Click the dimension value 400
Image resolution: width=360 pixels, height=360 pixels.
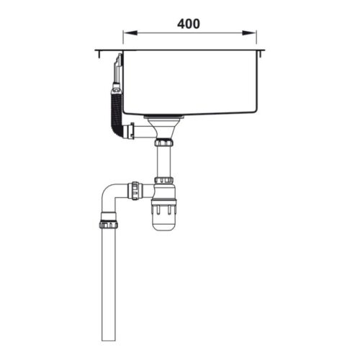(x=188, y=23)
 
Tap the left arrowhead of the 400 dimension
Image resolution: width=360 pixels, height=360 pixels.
(x=127, y=32)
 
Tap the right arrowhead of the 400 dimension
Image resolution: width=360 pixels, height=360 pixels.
(x=253, y=32)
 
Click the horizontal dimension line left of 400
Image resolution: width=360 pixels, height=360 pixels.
(x=148, y=32)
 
